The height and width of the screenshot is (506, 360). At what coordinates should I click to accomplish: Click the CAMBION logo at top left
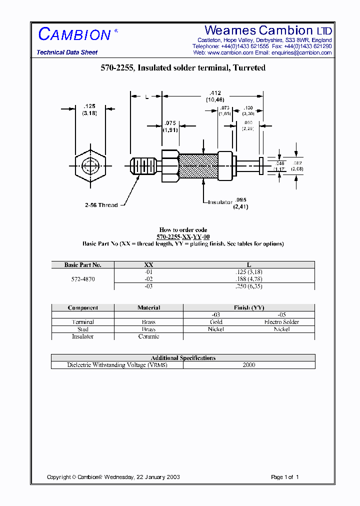(74, 34)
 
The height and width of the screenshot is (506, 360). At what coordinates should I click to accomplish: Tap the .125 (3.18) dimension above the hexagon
(89, 109)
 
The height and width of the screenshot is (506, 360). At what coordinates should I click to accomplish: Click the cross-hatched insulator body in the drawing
(198, 166)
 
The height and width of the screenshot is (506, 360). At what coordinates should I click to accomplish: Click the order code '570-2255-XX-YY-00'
(183, 236)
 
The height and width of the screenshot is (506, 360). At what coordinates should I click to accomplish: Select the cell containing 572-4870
(83, 279)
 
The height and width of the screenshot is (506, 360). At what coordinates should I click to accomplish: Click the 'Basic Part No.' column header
(83, 265)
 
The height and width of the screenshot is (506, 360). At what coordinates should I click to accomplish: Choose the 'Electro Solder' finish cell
(281, 322)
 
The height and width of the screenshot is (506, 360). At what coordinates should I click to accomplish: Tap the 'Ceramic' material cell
(148, 336)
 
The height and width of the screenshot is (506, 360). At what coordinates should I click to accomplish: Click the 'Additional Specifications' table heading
(183, 358)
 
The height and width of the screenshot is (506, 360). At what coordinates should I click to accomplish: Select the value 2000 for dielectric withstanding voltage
(248, 365)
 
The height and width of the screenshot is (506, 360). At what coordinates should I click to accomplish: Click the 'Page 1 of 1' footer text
(284, 477)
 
